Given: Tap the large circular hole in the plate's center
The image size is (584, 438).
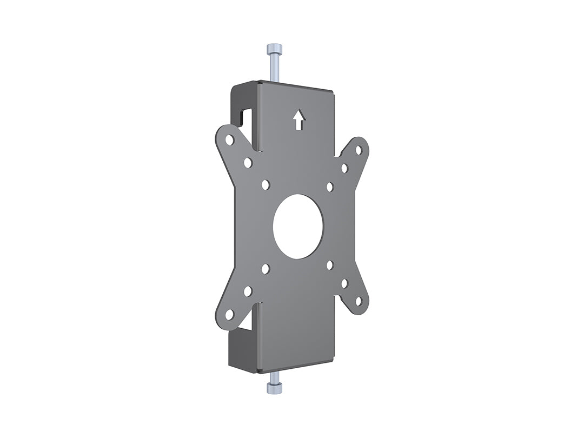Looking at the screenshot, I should (x=298, y=226).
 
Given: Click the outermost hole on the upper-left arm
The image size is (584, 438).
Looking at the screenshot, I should (x=229, y=140).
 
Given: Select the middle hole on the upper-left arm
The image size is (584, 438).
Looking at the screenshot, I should (x=248, y=162).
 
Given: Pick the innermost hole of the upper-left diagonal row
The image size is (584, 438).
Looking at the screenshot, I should (x=266, y=185).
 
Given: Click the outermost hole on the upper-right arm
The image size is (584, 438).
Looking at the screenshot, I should (x=358, y=150).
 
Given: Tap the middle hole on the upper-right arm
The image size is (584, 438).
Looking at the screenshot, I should (x=344, y=168).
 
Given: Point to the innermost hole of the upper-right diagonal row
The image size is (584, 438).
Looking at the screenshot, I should (x=330, y=187).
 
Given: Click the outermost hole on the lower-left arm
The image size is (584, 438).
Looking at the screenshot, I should (x=229, y=314).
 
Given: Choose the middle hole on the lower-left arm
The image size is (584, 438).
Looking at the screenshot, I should (x=248, y=291).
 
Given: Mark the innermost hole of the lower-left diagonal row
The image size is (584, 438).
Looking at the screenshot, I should (x=266, y=268).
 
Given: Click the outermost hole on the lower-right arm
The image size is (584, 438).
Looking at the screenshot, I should (x=358, y=300).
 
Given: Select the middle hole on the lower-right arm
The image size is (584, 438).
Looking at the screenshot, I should (x=344, y=282).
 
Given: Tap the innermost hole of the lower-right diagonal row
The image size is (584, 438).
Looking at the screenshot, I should (x=330, y=265).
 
